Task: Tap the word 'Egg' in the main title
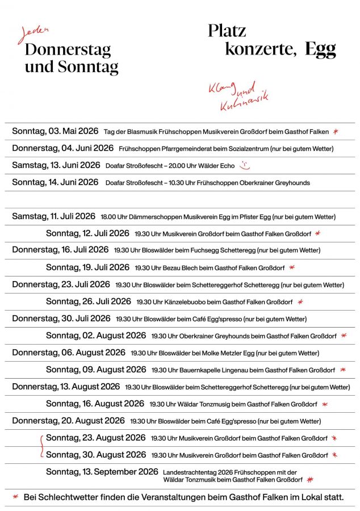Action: (x=320, y=49)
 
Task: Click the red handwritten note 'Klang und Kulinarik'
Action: (x=238, y=96)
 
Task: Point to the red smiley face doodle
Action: (x=244, y=166)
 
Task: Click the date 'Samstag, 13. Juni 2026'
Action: (x=56, y=165)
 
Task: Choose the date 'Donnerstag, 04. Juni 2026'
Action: (x=62, y=148)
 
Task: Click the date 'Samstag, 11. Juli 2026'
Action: (x=53, y=216)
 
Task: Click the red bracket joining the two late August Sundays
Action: (x=41, y=446)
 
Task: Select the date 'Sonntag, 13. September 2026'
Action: (x=102, y=472)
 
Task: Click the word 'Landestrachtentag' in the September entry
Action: (x=189, y=472)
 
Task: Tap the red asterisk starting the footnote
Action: (x=15, y=497)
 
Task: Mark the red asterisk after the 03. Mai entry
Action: (x=336, y=132)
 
